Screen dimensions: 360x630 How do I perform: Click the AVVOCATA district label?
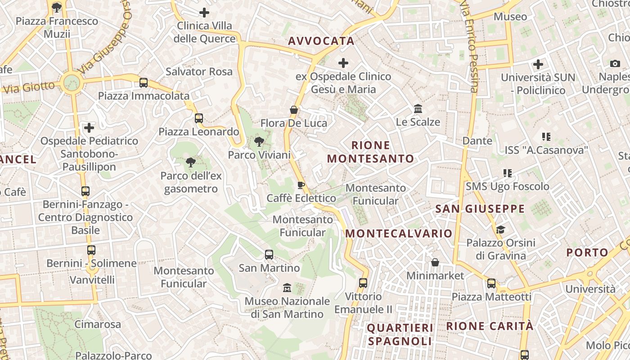(x=321, y=41)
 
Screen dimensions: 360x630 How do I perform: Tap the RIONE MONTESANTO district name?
(x=370, y=152)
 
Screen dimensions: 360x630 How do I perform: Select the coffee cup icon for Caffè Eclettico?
(x=301, y=185)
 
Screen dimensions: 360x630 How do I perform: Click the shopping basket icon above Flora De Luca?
(x=294, y=110)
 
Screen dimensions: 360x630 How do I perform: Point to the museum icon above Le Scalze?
(x=418, y=109)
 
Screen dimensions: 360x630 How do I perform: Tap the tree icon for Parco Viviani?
(x=259, y=142)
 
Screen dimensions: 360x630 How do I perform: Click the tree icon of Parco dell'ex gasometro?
(x=191, y=162)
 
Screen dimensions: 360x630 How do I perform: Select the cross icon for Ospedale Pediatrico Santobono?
(x=89, y=128)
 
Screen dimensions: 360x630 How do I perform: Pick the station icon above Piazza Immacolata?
(x=144, y=83)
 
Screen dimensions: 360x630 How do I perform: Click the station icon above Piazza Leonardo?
(x=198, y=118)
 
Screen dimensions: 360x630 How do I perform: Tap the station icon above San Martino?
(x=269, y=255)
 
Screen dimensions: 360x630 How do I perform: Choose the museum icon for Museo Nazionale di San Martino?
(x=287, y=288)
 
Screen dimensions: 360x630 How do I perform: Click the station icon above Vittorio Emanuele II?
(x=363, y=283)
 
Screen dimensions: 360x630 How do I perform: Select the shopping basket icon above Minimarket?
(x=435, y=262)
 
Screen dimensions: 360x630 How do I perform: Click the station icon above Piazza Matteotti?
(x=491, y=283)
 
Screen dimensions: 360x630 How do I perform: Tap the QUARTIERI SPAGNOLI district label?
(x=400, y=334)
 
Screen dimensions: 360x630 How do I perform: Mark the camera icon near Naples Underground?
(x=615, y=63)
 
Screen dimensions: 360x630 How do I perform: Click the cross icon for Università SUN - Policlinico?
(x=538, y=64)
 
